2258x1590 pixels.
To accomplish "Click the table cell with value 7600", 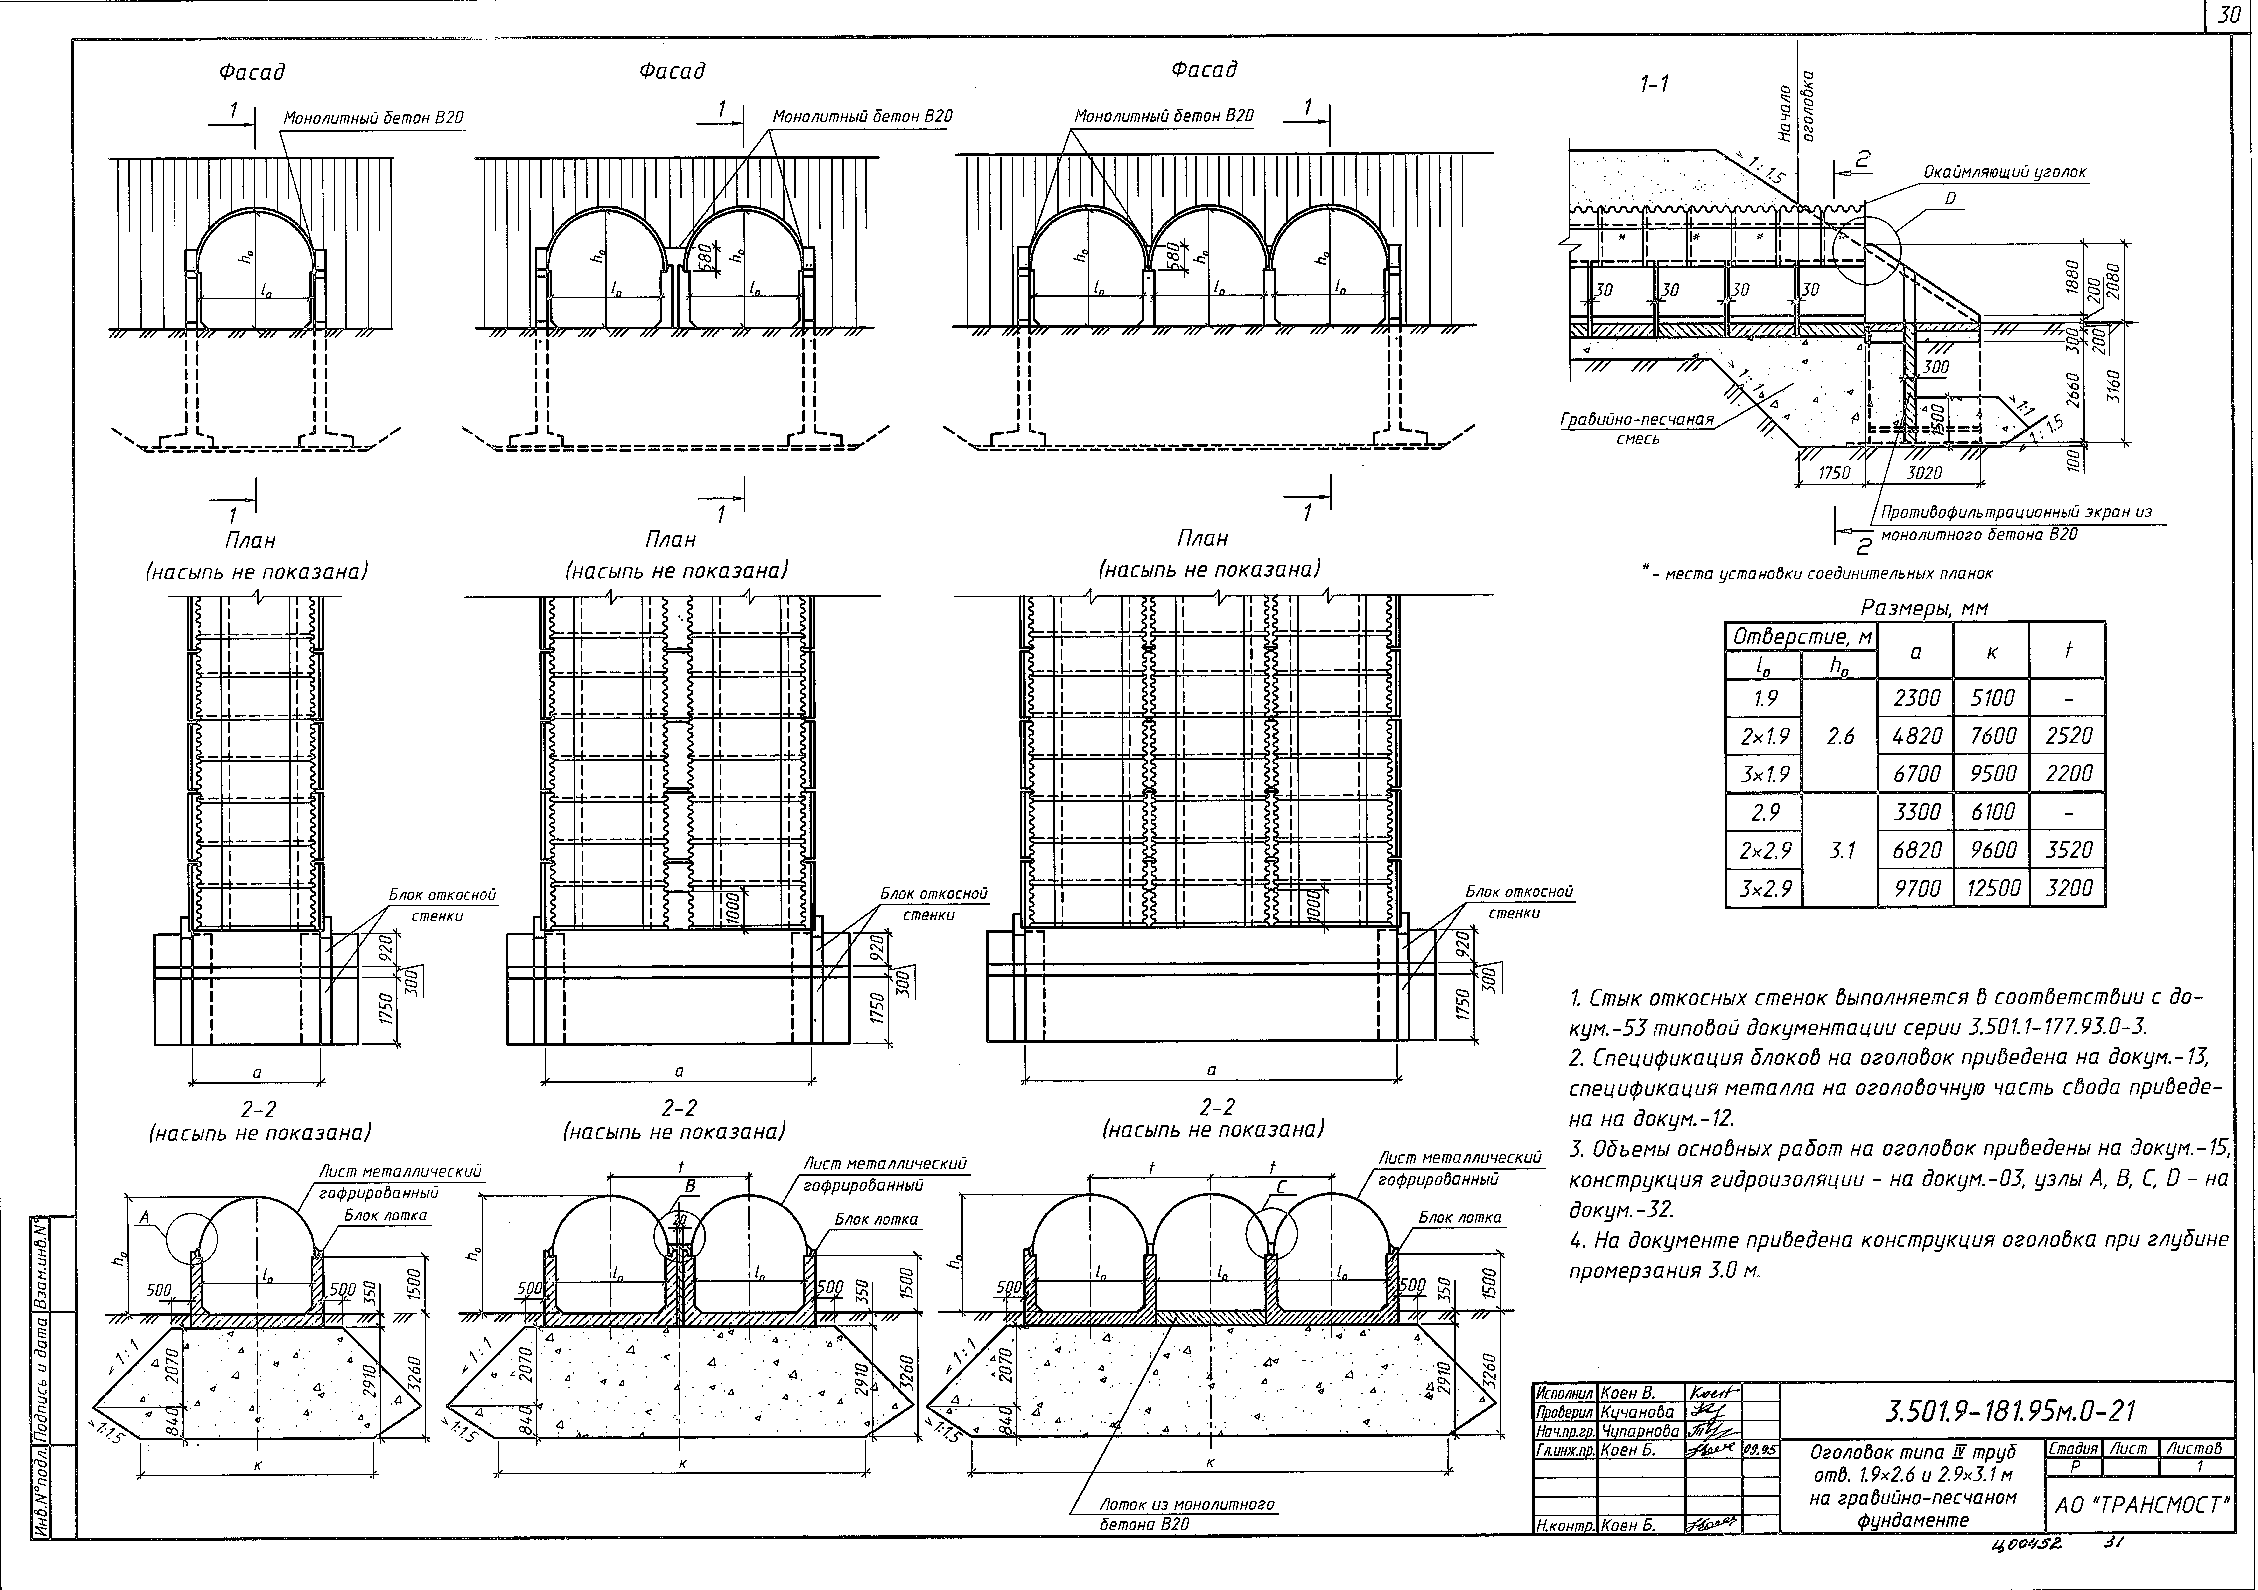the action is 1992,736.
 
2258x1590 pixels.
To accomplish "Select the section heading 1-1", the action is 1654,84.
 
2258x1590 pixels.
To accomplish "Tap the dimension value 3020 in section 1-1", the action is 1924,473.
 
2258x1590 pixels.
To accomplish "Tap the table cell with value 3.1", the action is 1840,850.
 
